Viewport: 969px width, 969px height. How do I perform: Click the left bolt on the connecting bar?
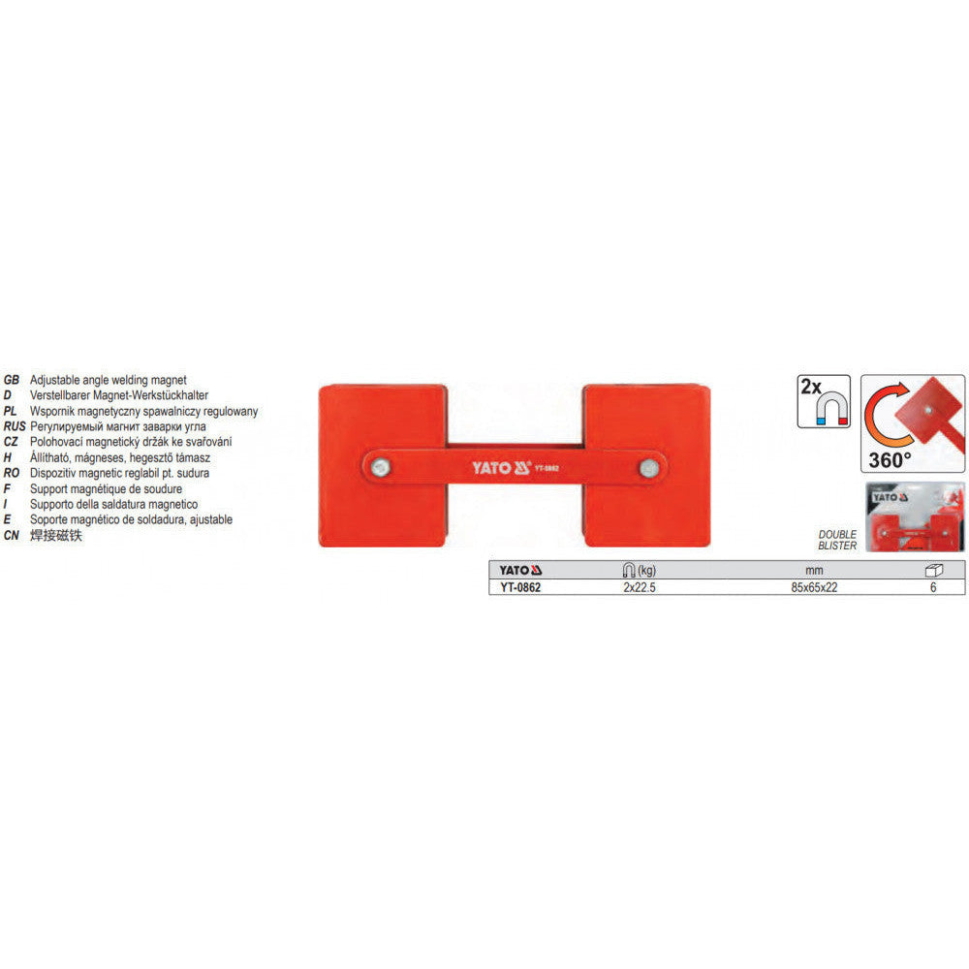pos(380,467)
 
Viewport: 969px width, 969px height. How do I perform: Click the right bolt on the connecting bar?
pos(649,467)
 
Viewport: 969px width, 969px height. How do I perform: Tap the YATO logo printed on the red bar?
pos(501,468)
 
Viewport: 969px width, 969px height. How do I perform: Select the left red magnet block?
pos(383,466)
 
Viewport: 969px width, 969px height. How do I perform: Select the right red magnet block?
pos(646,466)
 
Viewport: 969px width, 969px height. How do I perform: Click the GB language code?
pos(11,380)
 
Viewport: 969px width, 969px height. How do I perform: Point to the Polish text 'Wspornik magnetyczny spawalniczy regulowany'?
pos(144,411)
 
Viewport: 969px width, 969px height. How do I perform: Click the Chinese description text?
pos(55,535)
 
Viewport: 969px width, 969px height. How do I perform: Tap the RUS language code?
pos(15,426)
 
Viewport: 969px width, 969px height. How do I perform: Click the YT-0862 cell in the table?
pos(520,588)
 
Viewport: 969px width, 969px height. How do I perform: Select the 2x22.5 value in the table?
pos(640,588)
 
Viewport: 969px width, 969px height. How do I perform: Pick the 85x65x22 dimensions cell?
pos(815,588)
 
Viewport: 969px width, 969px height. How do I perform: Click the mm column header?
pos(815,571)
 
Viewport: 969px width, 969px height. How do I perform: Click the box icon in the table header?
pos(933,570)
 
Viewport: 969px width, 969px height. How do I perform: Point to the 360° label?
pos(890,459)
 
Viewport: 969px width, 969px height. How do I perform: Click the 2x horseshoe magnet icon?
pos(824,401)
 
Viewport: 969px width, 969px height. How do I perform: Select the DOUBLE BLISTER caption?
pos(837,540)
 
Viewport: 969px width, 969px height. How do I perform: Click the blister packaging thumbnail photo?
pos(916,516)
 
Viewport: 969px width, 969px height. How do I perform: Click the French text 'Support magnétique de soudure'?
pos(107,488)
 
